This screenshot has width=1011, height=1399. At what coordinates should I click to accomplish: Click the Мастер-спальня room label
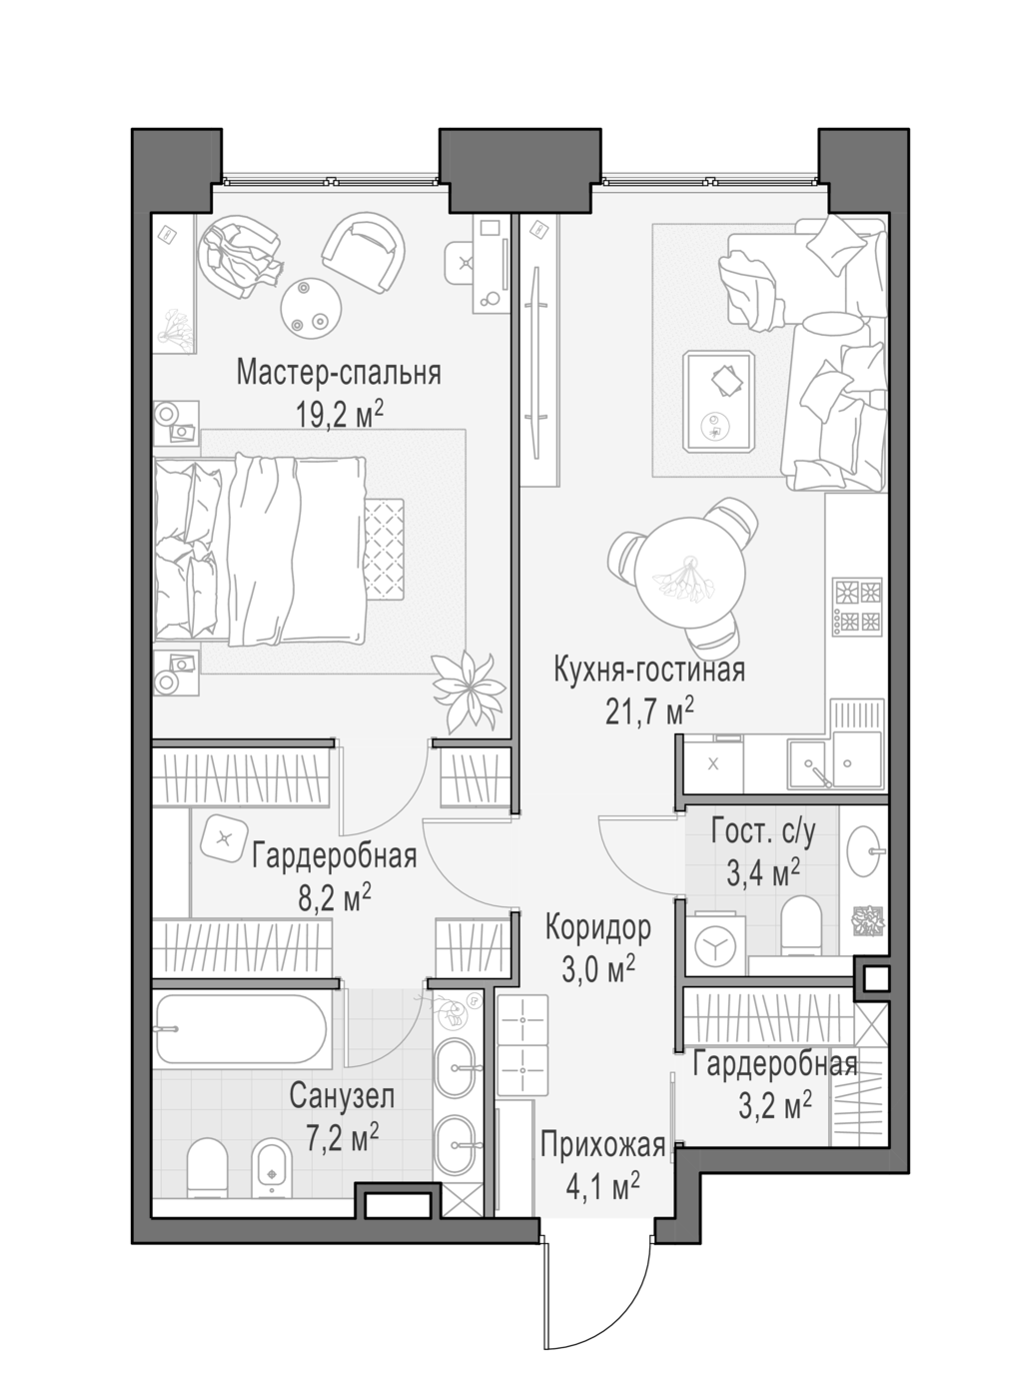339,373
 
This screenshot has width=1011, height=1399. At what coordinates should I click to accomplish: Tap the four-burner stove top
857,606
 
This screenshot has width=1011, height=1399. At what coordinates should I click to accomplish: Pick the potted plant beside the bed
469,692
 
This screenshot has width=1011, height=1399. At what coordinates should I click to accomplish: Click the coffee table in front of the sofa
719,401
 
